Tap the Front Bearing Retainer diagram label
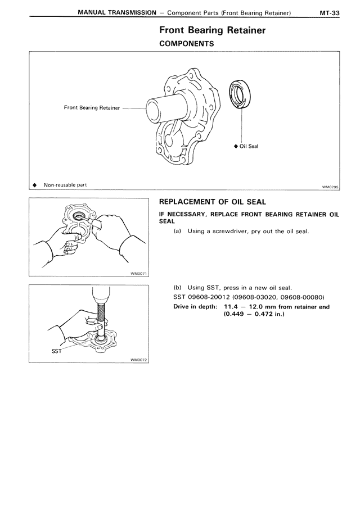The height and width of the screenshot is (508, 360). (x=92, y=108)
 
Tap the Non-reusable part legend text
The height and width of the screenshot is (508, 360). (x=64, y=185)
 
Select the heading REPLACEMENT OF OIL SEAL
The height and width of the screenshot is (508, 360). (x=213, y=202)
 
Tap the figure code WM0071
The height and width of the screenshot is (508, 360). (x=138, y=274)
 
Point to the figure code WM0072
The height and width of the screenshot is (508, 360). (x=138, y=360)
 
